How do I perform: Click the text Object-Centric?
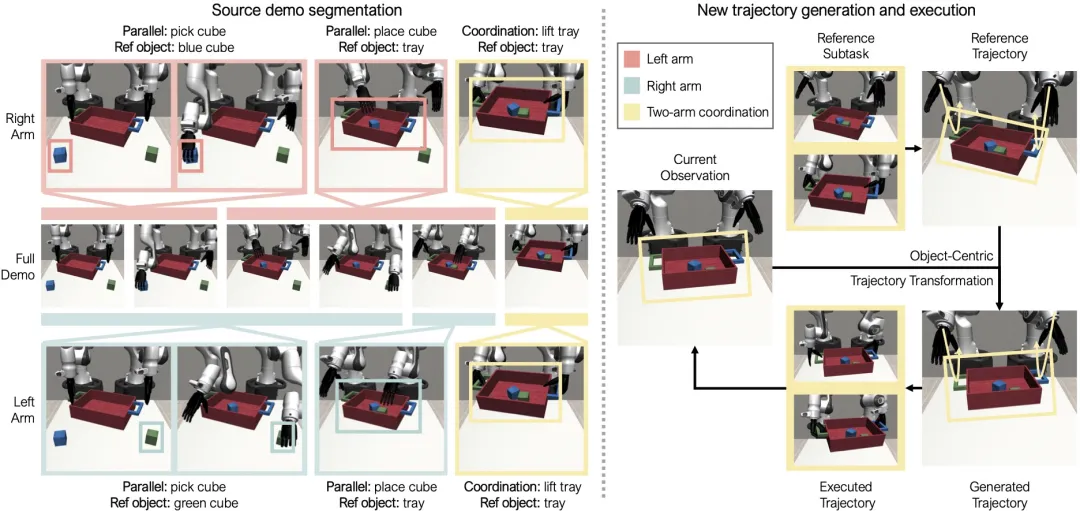951,257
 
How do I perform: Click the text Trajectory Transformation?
922,280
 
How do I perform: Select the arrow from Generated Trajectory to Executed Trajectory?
913,388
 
